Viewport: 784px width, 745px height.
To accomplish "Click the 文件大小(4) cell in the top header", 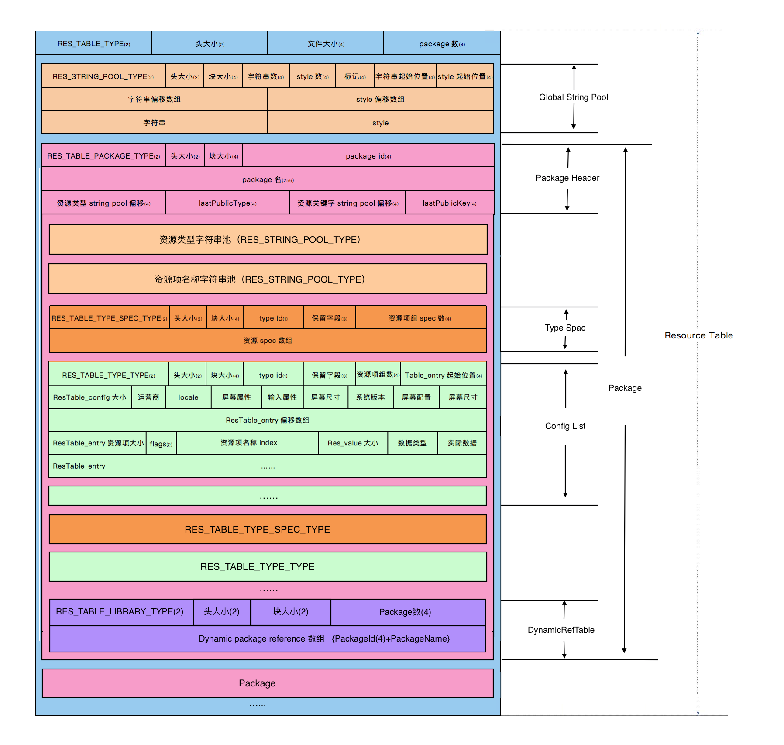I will pyautogui.click(x=326, y=44).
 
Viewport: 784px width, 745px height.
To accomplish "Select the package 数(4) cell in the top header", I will pyautogui.click(x=442, y=44).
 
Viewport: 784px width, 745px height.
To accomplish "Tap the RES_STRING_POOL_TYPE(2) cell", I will pyautogui.click(x=103, y=76).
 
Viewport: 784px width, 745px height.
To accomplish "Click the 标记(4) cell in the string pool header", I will pyautogui.click(x=354, y=76).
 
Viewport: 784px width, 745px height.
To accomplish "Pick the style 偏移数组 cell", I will pyautogui.click(x=380, y=100).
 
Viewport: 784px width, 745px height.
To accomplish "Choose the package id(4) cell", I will pyautogui.click(x=368, y=156).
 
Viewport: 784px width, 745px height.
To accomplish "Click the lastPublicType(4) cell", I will pyautogui.click(x=227, y=203).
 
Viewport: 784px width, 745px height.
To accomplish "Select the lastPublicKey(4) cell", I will pyautogui.click(x=449, y=203).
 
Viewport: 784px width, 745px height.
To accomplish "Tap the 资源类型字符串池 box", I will pyautogui.click(x=268, y=239).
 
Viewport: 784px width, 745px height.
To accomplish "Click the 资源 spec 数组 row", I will pyautogui.click(x=268, y=341).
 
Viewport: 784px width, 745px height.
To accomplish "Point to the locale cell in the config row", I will pyautogui.click(x=188, y=397).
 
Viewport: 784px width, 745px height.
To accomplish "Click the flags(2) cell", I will pyautogui.click(x=161, y=444).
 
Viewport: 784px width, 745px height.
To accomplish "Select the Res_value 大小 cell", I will pyautogui.click(x=353, y=443).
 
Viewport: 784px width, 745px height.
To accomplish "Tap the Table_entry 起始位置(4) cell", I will pyautogui.click(x=443, y=375).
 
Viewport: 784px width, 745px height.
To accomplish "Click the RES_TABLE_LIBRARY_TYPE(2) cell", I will pyautogui.click(x=120, y=611).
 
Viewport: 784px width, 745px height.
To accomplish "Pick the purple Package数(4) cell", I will pyautogui.click(x=405, y=612).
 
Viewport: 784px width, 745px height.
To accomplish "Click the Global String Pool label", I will pyautogui.click(x=573, y=97).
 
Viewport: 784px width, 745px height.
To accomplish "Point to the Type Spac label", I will pyautogui.click(x=565, y=328).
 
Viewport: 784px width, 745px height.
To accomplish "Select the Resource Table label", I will pyautogui.click(x=698, y=335).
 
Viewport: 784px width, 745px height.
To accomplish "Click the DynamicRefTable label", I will pyautogui.click(x=561, y=630).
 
